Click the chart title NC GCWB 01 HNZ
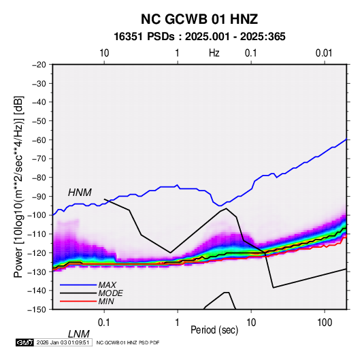[x=199, y=19]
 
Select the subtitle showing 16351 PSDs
[x=199, y=37]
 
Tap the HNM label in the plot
[x=80, y=193]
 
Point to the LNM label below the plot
[x=78, y=334]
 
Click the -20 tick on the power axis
[x=39, y=65]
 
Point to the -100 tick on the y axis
[x=37, y=215]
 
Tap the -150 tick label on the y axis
[x=37, y=310]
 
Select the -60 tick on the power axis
[x=39, y=140]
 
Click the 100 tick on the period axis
[x=325, y=323]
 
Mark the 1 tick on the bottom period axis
[x=178, y=323]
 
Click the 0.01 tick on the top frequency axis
[x=324, y=53]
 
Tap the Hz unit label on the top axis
[x=214, y=53]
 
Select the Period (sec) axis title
[x=214, y=330]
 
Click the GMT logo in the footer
[x=24, y=342]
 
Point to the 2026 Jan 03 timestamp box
[x=63, y=342]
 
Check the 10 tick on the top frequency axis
[x=104, y=53]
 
